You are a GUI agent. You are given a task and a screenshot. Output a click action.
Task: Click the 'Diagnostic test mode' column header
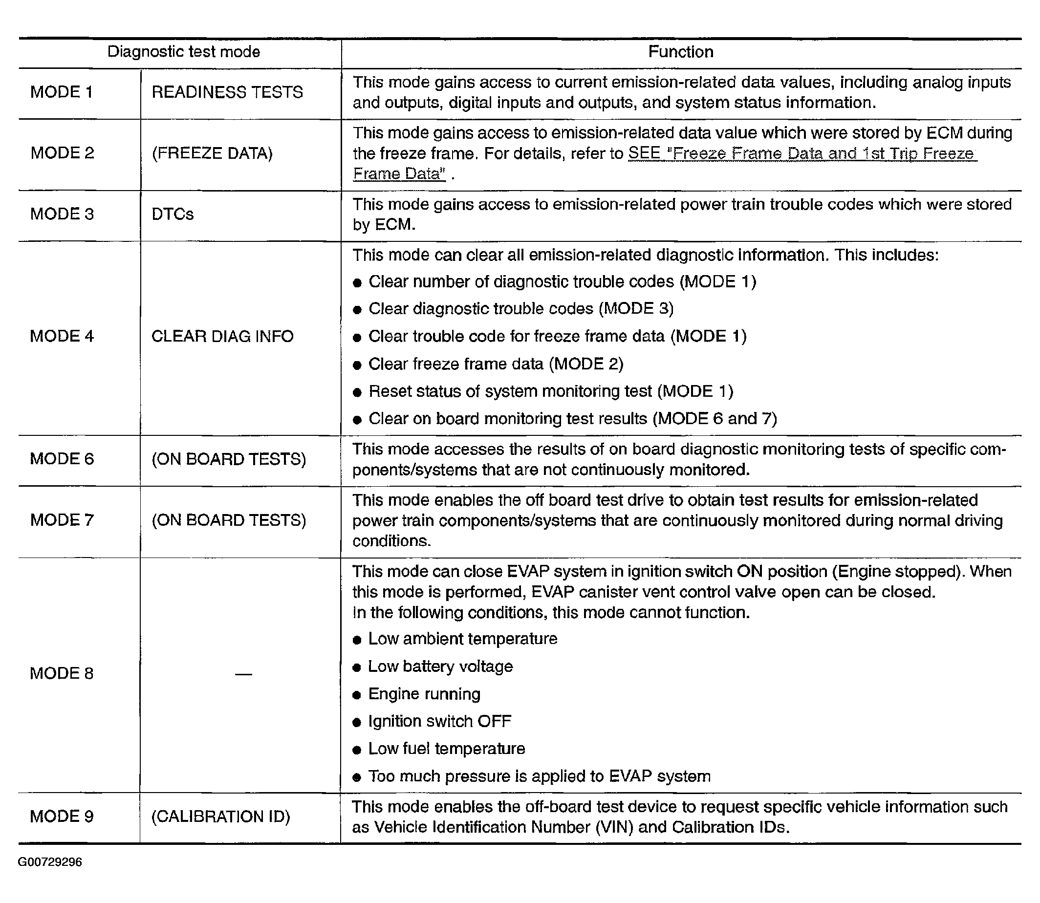click(183, 52)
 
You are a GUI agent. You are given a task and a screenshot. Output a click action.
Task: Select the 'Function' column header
click(680, 52)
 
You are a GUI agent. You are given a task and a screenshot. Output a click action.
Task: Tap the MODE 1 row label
click(62, 92)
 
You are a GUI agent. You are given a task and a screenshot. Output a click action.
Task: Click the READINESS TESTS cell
click(227, 92)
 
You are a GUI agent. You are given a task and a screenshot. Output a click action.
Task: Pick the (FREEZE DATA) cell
click(212, 153)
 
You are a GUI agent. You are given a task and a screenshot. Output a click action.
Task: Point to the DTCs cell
click(173, 214)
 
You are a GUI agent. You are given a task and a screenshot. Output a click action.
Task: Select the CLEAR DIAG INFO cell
click(222, 336)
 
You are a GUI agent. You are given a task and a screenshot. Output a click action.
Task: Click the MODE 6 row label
click(62, 458)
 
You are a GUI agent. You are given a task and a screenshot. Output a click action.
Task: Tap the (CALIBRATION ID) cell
click(221, 817)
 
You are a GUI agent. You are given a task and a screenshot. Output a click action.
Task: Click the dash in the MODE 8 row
click(243, 674)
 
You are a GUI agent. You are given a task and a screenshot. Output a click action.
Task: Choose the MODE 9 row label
click(62, 817)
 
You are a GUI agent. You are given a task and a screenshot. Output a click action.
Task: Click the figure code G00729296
click(50, 862)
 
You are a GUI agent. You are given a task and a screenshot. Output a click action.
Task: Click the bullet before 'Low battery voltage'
click(357, 667)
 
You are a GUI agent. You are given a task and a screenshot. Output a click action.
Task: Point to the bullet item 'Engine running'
click(424, 694)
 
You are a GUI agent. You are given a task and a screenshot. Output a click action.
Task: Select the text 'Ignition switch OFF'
click(440, 721)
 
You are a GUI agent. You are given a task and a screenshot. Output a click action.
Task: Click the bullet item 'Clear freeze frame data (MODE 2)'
click(496, 364)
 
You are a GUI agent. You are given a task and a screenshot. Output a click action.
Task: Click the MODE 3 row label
click(62, 214)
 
